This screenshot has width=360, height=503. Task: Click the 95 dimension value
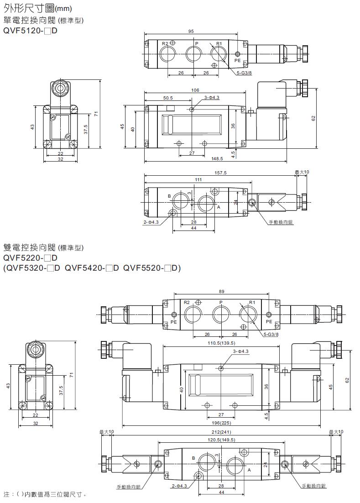coord(191,31)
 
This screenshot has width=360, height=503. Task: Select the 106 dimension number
coord(195,90)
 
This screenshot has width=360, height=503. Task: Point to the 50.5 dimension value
coord(168,98)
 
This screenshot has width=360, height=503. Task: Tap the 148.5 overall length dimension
coord(217,158)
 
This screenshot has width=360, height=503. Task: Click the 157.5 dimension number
coord(220,173)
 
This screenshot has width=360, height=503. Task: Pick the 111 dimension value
coord(198,180)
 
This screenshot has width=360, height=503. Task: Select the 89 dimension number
coord(221,292)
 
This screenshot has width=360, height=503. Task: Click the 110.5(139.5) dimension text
coord(222,343)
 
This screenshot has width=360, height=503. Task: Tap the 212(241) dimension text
coord(222,432)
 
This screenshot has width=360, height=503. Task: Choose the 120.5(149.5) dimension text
coord(221,440)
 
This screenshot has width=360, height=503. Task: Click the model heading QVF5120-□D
coord(30,31)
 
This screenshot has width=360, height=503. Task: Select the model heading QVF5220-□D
coord(30,258)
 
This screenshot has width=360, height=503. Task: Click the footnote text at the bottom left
coord(45,494)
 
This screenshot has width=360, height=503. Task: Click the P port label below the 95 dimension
coord(197,43)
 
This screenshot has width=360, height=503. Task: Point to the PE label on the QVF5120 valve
coord(237,60)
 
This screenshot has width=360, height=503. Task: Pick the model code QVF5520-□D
coord(151,268)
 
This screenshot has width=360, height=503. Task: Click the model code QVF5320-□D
coord(33,268)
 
